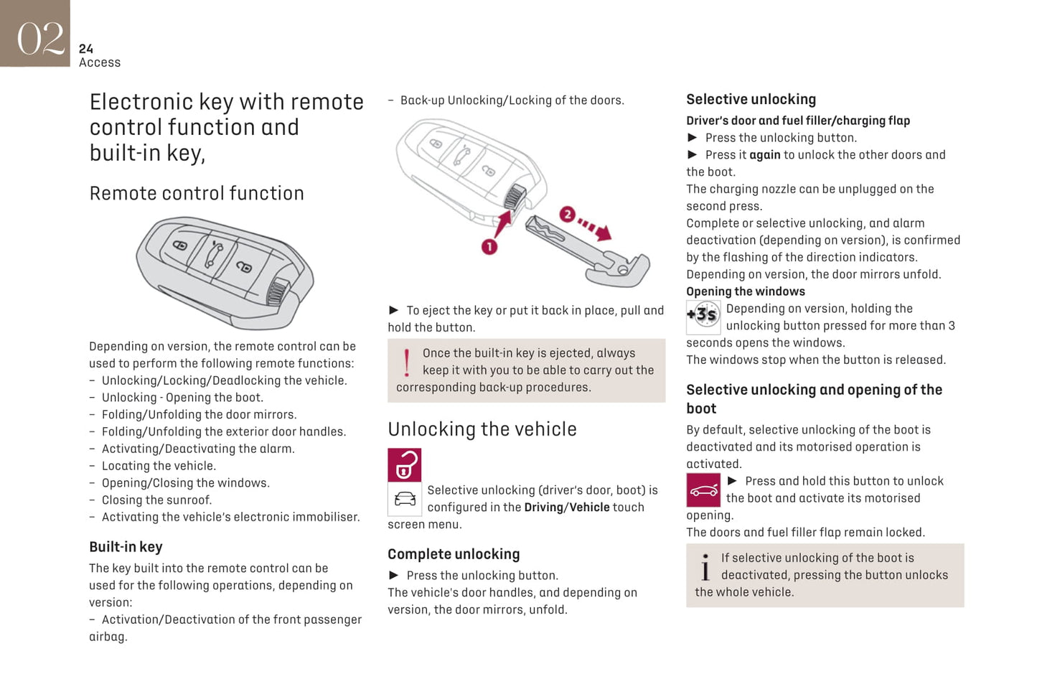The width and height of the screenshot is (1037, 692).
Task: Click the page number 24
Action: (x=86, y=49)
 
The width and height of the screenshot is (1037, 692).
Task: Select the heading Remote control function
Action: (x=197, y=194)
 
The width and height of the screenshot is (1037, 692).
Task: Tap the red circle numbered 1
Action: (x=489, y=247)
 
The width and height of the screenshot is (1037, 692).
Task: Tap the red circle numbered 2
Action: (x=567, y=215)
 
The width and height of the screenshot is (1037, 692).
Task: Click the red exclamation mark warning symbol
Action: (x=407, y=363)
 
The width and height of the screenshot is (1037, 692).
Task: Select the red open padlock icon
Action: (x=405, y=465)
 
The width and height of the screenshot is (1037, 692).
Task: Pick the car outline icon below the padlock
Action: (x=405, y=499)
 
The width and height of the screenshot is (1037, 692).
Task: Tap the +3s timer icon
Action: (x=703, y=317)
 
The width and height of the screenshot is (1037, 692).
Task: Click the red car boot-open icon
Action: (x=703, y=490)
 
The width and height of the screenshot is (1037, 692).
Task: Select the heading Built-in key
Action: (x=126, y=547)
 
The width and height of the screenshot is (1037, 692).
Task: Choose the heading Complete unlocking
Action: (x=454, y=554)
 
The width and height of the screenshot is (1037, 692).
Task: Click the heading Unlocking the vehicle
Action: (x=482, y=429)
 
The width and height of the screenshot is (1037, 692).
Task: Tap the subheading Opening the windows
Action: (x=746, y=291)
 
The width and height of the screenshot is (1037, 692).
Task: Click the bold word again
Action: (x=764, y=155)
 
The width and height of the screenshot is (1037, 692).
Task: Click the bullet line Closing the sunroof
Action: (x=156, y=500)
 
